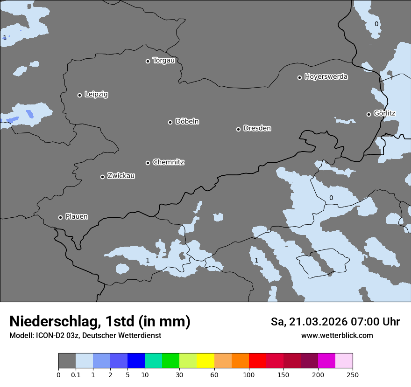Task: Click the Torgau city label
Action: click(x=163, y=61)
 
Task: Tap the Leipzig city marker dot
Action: click(x=79, y=95)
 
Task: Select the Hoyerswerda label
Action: click(x=326, y=76)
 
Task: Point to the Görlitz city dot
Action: click(x=368, y=114)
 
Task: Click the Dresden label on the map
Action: click(x=257, y=128)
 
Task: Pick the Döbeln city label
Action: click(x=187, y=121)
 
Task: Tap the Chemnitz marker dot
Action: click(x=148, y=163)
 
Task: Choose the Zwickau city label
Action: click(x=121, y=176)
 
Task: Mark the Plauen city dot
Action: click(x=60, y=217)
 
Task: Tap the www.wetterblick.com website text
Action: click(x=337, y=335)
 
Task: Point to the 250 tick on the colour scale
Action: click(x=353, y=374)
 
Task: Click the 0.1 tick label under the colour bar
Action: click(x=76, y=374)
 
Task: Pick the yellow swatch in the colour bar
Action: click(x=205, y=361)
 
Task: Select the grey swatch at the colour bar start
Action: click(x=67, y=361)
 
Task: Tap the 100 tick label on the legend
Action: click(x=249, y=374)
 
